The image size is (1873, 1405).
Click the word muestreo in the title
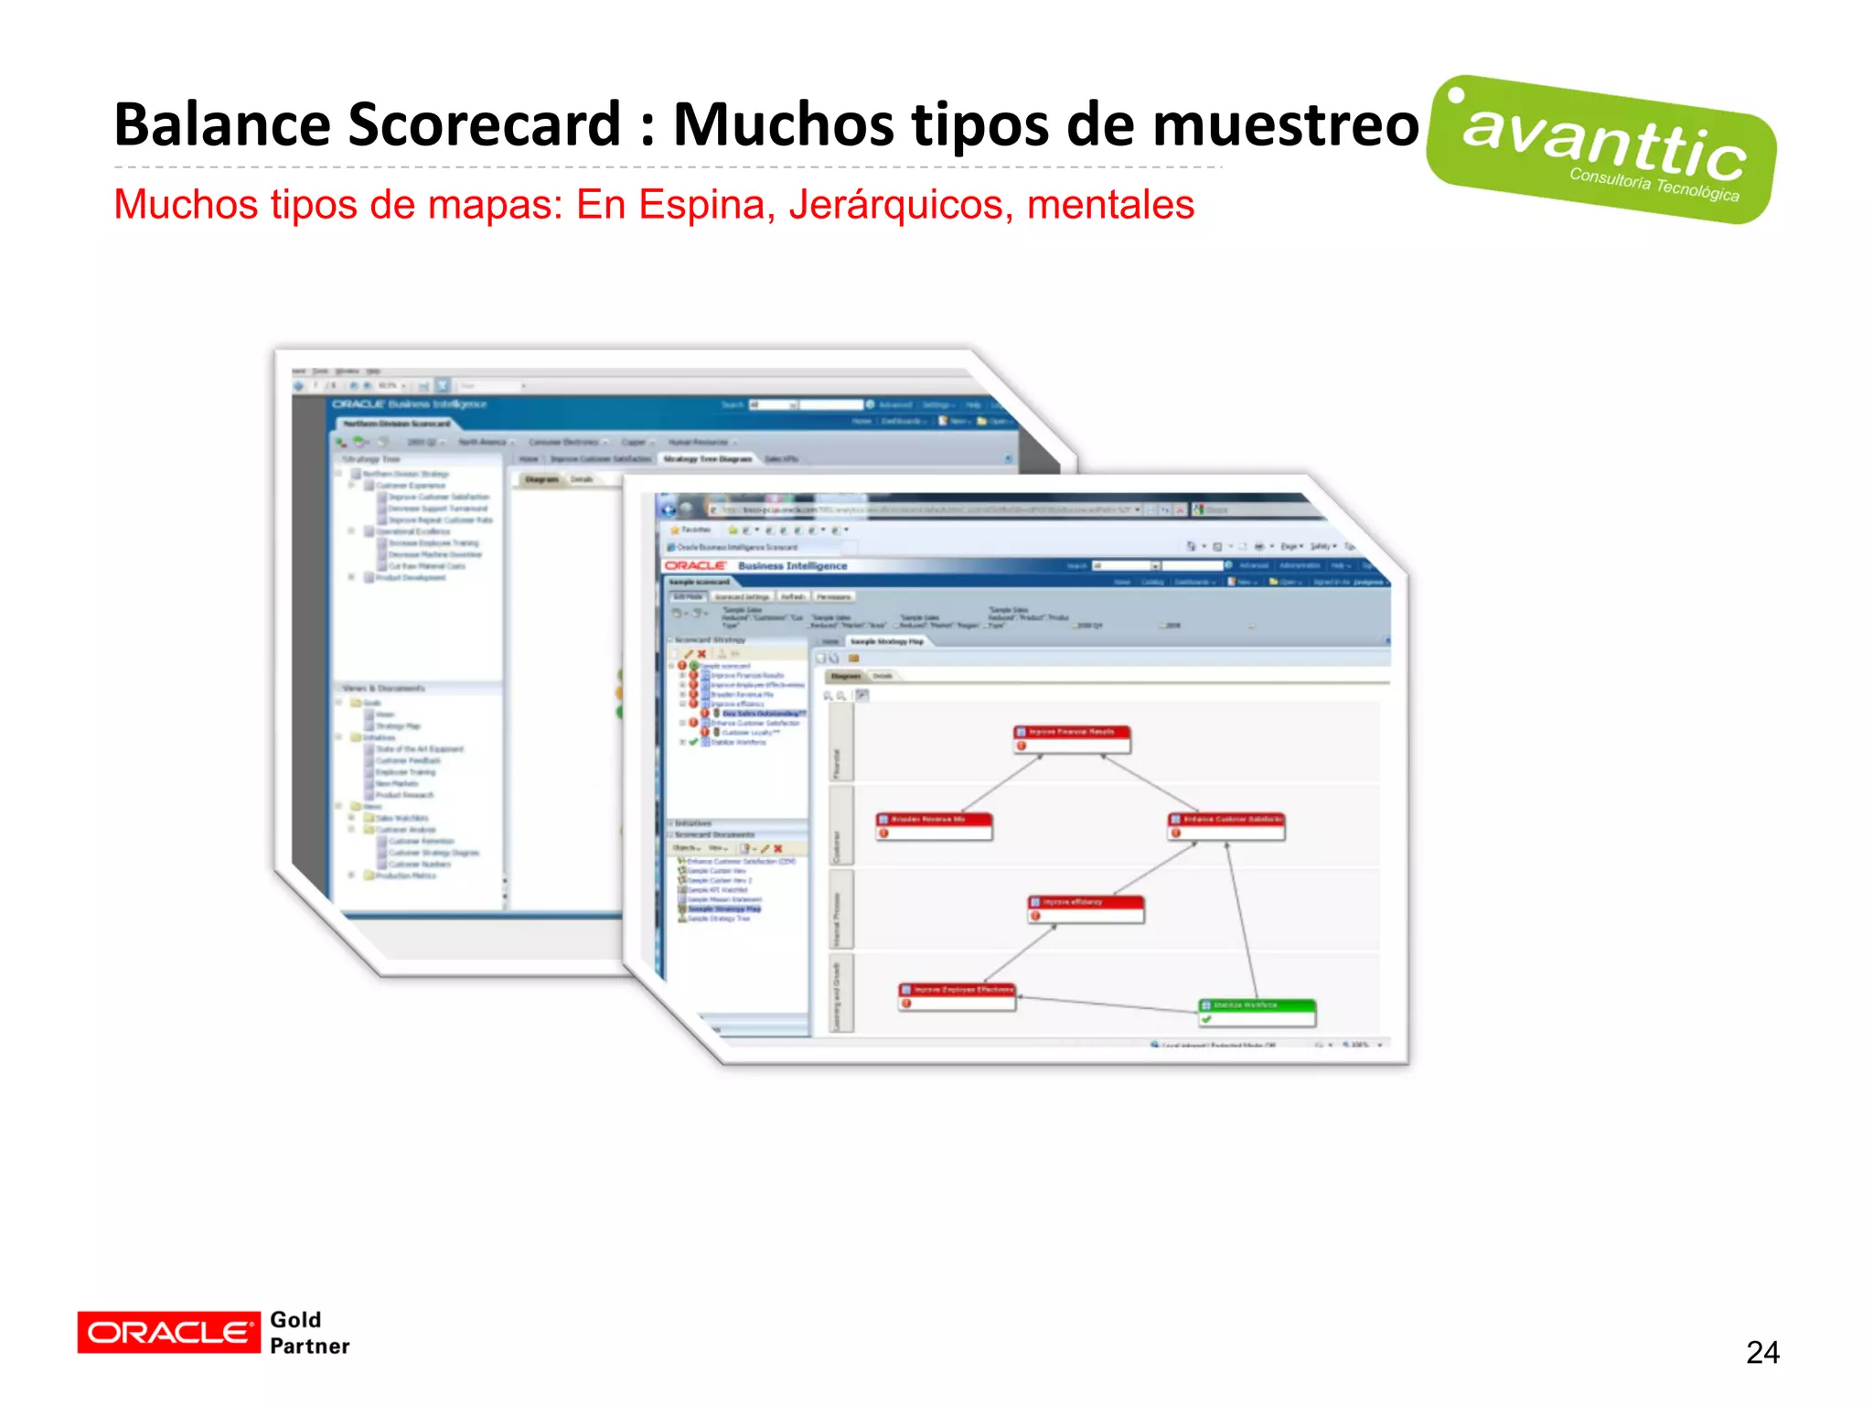[x=1285, y=124]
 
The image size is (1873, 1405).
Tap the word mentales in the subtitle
[x=1110, y=204]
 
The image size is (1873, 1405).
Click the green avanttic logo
[x=1601, y=149]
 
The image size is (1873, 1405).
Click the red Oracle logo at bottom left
[x=168, y=1332]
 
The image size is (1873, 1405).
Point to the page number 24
[x=1762, y=1352]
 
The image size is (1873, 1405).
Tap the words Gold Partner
[x=309, y=1333]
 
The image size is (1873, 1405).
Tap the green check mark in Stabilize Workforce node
[x=1207, y=1019]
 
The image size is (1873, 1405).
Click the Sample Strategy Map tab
[x=886, y=642]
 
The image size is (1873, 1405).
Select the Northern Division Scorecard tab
[x=397, y=424]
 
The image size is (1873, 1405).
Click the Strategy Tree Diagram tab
[x=707, y=459]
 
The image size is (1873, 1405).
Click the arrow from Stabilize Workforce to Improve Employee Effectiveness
[x=1107, y=1003]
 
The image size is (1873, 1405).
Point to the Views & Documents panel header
[x=384, y=688]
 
